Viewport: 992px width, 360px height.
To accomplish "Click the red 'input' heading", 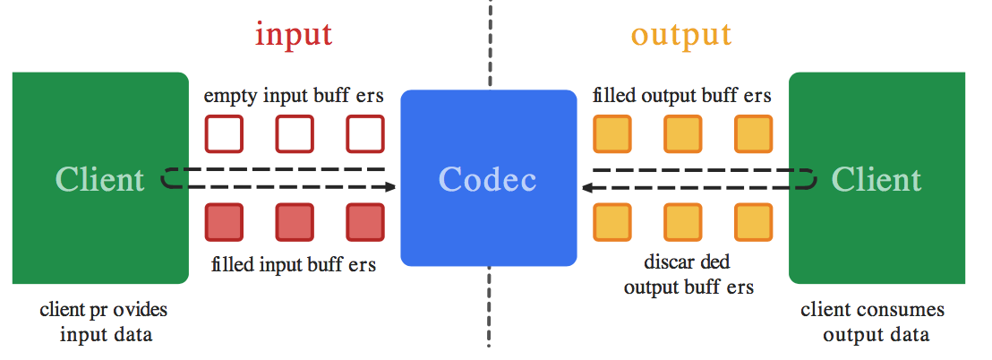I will point(294,35).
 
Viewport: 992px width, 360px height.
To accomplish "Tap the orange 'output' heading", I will point(680,35).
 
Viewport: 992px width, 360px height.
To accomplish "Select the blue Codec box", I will point(488,178).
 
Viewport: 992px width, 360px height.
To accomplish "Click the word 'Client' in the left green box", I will point(99,179).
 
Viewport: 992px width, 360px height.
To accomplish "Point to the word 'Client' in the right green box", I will point(877,179).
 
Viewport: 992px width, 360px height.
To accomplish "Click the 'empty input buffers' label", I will point(295,96).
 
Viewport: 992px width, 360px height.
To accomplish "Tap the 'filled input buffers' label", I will point(295,264).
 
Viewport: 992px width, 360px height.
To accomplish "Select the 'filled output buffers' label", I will point(682,96).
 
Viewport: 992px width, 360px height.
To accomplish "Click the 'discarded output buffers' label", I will point(688,275).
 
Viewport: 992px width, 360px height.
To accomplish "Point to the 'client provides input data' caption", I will point(103,322).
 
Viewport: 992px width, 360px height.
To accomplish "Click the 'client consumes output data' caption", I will point(872,322).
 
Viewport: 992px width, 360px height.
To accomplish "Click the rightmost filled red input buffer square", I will point(365,222).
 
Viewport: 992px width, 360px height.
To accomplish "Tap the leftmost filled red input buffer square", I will point(224,222).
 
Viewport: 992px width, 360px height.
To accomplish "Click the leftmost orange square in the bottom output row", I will point(612,222).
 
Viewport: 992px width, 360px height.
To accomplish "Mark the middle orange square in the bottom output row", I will point(682,222).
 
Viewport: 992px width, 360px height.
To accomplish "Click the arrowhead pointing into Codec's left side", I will point(390,187).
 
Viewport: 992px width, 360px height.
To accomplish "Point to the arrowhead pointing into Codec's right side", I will point(586,187).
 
